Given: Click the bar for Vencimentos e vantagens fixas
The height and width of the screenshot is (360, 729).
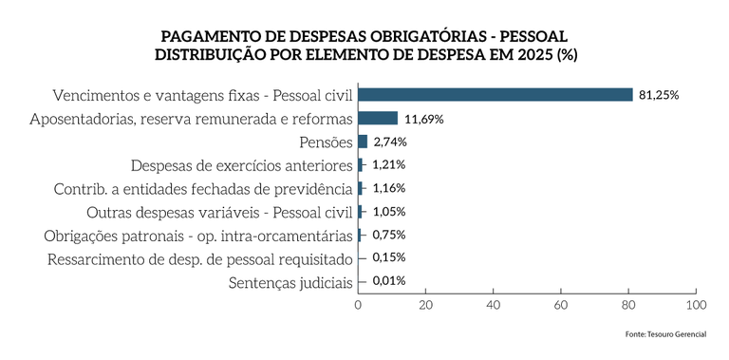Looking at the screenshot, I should tap(495, 95).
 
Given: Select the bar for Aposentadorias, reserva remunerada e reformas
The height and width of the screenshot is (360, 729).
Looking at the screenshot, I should tap(378, 119).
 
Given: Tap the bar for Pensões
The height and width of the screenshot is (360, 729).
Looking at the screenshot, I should tap(363, 142).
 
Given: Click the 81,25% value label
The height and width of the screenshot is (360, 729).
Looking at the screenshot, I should tap(660, 95).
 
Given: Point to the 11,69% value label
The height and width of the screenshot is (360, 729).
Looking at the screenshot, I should tap(424, 119).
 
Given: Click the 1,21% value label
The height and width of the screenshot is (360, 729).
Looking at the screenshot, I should tap(389, 165).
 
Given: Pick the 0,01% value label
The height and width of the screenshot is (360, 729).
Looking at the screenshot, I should tap(389, 281).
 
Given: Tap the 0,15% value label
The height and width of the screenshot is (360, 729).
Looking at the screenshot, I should tap(389, 258).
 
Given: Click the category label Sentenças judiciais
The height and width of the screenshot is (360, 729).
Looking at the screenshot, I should tap(290, 282).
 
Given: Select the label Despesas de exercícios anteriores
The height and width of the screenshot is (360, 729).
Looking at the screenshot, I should tap(241, 165).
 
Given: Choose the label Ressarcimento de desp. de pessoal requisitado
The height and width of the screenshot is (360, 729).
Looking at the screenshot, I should tap(200, 258).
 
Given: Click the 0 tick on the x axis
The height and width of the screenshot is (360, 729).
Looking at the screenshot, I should tap(358, 305).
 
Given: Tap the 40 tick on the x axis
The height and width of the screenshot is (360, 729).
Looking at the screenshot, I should tap(493, 305).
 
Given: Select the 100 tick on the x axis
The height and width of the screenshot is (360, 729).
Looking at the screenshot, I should tap(696, 305).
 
